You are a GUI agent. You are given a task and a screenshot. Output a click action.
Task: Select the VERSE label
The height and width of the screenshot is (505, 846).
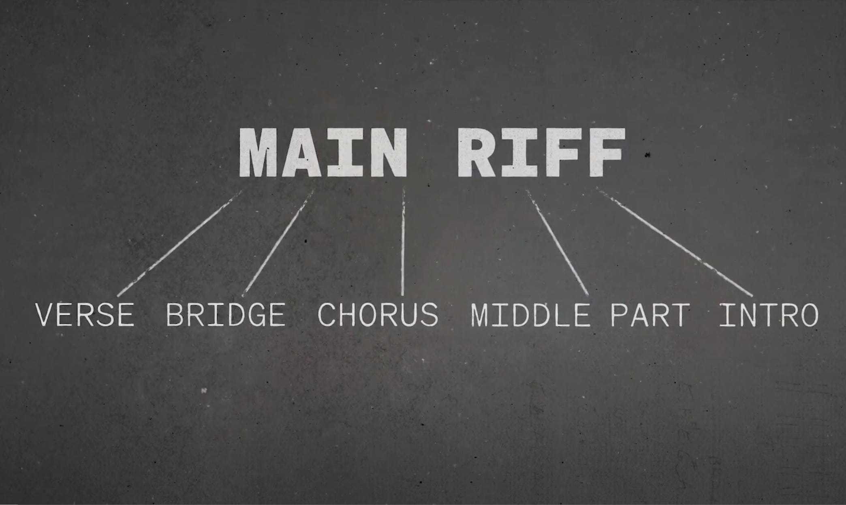85,315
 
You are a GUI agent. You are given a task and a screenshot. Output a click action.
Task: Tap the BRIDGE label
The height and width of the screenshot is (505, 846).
226,315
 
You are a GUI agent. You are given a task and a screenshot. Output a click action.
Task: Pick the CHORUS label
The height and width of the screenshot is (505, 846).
378,315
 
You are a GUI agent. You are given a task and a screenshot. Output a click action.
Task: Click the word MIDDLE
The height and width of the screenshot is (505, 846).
530,315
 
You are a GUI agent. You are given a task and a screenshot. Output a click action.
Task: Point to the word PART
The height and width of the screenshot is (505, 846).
650,315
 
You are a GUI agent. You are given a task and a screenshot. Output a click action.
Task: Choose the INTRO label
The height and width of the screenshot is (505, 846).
769,315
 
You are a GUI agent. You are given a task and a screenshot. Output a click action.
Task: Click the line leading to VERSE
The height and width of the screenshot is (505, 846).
179,243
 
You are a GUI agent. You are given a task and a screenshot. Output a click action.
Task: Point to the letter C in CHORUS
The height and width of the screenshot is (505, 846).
327,315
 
